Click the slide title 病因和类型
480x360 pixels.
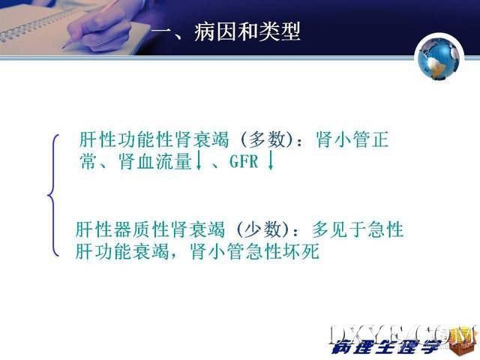[247, 31]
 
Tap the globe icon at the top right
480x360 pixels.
[439, 58]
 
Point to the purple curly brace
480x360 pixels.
[52, 195]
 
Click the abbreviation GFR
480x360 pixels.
[244, 161]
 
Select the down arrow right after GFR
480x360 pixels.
[270, 160]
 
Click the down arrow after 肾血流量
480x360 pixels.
[199, 160]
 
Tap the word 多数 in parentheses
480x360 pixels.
[267, 139]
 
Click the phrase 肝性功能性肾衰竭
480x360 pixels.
[154, 139]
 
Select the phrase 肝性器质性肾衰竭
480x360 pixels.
[150, 229]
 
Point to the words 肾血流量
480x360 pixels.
[155, 161]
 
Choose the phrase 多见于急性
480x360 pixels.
[358, 229]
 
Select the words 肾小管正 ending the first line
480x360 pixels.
[352, 139]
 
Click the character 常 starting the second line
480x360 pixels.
[88, 161]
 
